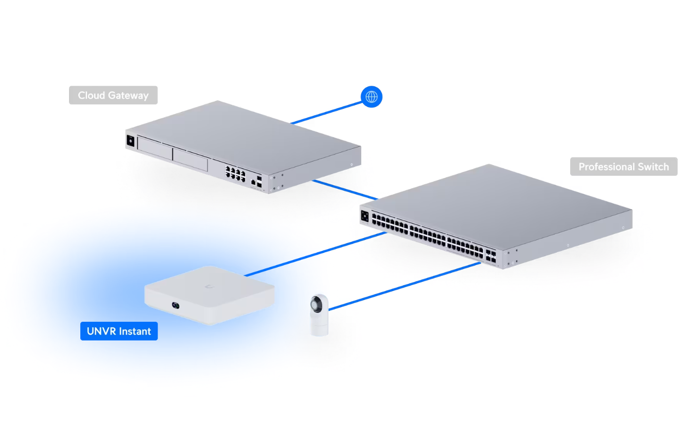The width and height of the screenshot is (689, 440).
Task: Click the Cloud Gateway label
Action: click(113, 96)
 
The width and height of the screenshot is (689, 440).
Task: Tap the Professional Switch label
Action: click(623, 167)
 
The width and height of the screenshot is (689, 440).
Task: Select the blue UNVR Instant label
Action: click(119, 332)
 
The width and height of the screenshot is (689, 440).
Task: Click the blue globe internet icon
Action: click(372, 97)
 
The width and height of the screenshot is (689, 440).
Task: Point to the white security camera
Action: click(319, 315)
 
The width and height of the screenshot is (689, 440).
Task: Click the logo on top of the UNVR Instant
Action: click(210, 286)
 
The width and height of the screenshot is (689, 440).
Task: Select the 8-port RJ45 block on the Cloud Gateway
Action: click(236, 173)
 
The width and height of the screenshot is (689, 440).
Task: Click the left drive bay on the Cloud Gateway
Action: click(155, 148)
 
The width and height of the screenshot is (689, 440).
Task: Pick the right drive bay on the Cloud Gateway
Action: click(190, 160)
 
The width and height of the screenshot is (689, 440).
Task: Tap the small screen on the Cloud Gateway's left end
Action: click(131, 141)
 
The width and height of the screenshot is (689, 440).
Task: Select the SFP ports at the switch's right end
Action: click(491, 256)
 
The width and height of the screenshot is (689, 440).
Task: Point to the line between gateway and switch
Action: click(345, 190)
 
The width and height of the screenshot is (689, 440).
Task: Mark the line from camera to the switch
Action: click(404, 286)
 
